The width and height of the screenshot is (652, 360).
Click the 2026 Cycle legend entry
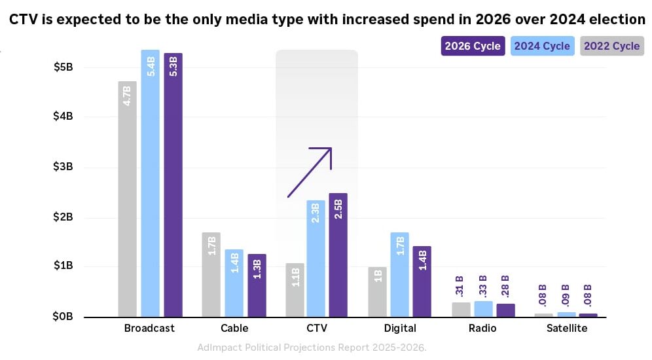(x=473, y=46)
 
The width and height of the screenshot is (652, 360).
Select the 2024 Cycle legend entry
(x=542, y=46)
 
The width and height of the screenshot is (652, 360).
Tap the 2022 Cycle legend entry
(x=611, y=46)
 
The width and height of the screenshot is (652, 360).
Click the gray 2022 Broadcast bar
(x=128, y=199)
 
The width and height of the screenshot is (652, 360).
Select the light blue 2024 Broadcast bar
(x=150, y=183)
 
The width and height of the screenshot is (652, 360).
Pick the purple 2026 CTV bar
(x=338, y=255)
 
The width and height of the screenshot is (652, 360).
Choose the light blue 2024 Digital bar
(x=399, y=274)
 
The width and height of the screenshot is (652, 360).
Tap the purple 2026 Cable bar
(x=257, y=285)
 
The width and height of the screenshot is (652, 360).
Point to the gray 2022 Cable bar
(x=211, y=274)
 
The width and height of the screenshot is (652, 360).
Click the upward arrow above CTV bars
(x=310, y=172)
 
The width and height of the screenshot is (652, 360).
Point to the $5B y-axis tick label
(x=63, y=67)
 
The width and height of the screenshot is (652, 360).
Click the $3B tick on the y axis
(x=63, y=167)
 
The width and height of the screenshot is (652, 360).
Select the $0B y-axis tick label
(x=63, y=317)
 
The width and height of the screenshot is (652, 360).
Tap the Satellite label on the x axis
(x=567, y=329)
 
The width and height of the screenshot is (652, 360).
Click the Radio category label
(x=482, y=329)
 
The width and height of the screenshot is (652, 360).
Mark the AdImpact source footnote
(x=312, y=348)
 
